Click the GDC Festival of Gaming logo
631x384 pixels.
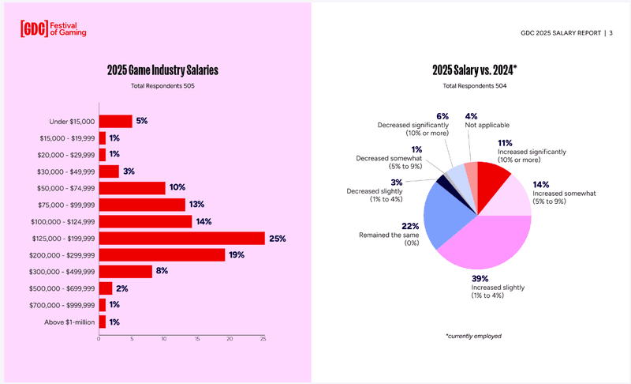pyautogui.click(x=53, y=29)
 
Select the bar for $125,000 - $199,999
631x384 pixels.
pyautogui.click(x=182, y=238)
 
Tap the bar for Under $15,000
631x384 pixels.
pyautogui.click(x=115, y=122)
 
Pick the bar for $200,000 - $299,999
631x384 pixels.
pyautogui.click(x=162, y=255)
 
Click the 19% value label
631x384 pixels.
pyautogui.click(x=237, y=255)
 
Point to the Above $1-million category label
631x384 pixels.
pyautogui.click(x=69, y=322)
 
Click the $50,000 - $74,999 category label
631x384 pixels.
pyautogui.click(x=66, y=188)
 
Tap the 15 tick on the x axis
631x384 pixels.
pyautogui.click(x=197, y=339)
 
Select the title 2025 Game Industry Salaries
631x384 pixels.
pyautogui.click(x=162, y=70)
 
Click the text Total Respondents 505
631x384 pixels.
pyautogui.click(x=162, y=86)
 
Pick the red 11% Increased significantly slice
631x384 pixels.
pyautogui.click(x=491, y=186)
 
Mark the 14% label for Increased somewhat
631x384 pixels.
pyautogui.click(x=541, y=185)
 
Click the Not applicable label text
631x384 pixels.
pyautogui.click(x=487, y=125)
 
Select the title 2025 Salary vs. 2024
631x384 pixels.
pyautogui.click(x=475, y=70)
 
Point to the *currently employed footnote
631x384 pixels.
pyautogui.click(x=474, y=336)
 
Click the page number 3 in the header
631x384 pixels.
pyautogui.click(x=610, y=33)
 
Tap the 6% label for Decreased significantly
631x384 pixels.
pyautogui.click(x=442, y=116)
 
